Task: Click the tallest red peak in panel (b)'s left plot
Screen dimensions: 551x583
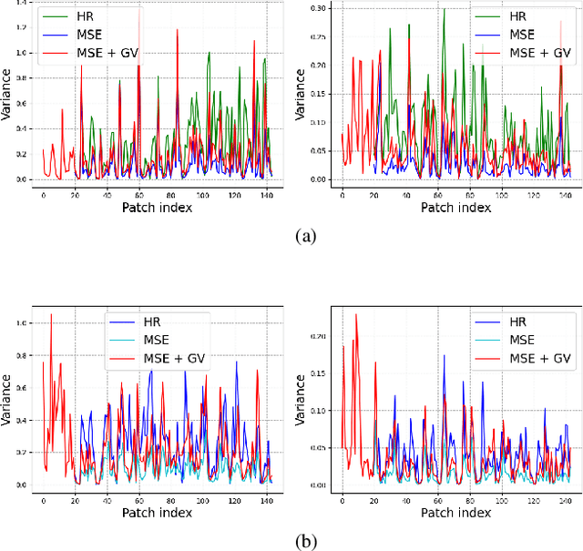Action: point(51,314)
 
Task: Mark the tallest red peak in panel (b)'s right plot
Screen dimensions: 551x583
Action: point(356,315)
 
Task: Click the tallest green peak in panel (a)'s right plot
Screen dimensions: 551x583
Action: point(444,10)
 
